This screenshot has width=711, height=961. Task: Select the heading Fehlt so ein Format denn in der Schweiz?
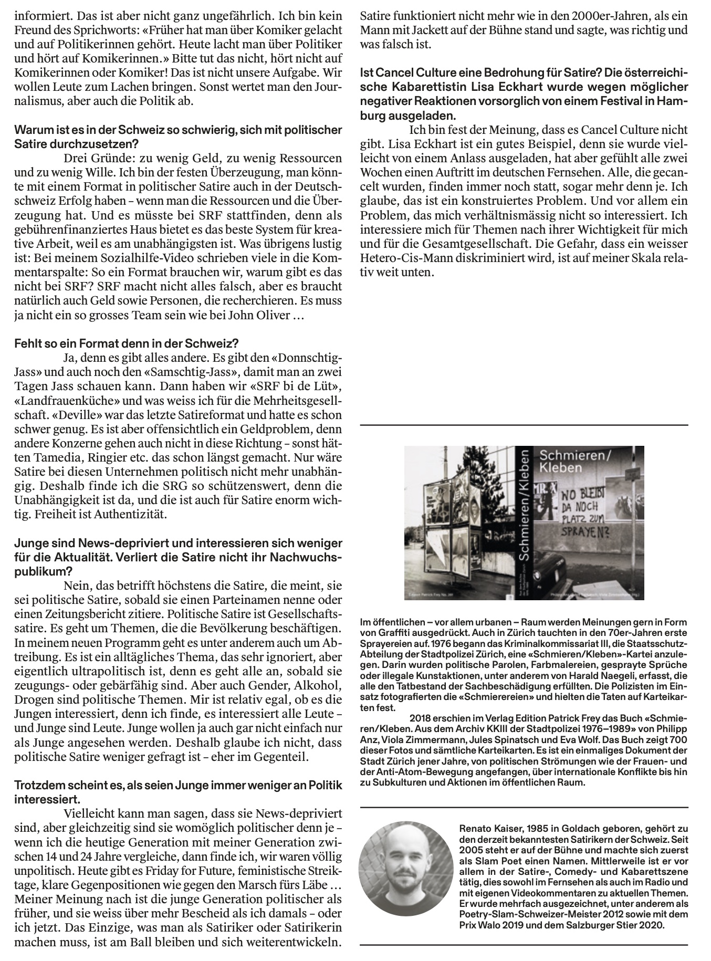pos(126,344)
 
